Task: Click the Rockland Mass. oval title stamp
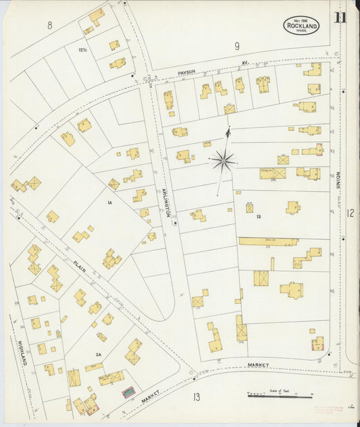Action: point(301,26)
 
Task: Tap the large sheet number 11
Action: point(340,17)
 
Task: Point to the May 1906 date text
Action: point(301,20)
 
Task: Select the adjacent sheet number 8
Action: point(49,26)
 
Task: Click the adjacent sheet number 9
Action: point(237,46)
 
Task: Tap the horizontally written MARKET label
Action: point(257,366)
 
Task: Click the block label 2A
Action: point(98,352)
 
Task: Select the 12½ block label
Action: point(83,51)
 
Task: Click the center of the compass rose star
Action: point(222,161)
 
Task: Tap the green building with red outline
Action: point(128,392)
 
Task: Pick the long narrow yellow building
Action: point(268,241)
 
